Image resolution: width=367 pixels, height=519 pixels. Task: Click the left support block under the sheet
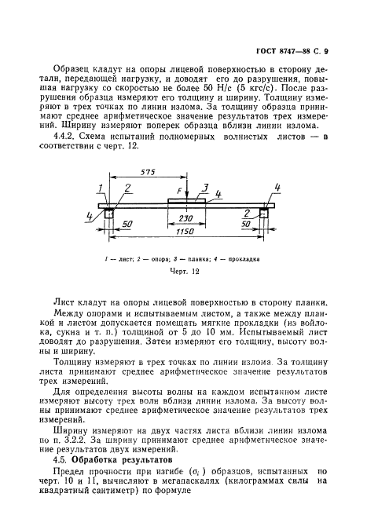pos(108,213)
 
